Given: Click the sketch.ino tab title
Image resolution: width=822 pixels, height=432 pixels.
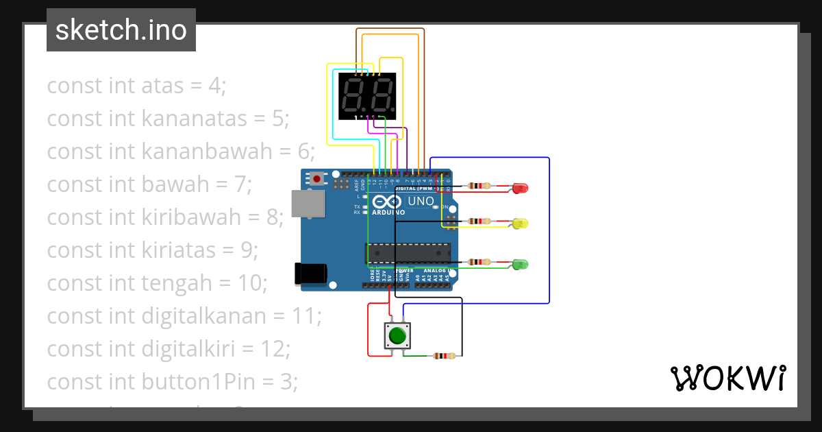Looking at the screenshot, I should tap(121, 30).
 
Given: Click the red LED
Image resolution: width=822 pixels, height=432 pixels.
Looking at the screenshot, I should tap(520, 187).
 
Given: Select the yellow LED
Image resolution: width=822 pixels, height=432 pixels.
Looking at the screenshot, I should tap(520, 224).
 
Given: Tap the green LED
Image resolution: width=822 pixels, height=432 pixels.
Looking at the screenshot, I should tap(520, 264).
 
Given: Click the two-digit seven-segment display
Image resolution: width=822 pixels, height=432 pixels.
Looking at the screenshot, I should tap(368, 95).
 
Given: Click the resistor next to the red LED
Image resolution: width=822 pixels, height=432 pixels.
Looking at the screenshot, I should tap(479, 186).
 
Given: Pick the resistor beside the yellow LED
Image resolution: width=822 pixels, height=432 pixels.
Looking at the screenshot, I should tap(479, 221).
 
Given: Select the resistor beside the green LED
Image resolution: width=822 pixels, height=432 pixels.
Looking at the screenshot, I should tap(479, 262).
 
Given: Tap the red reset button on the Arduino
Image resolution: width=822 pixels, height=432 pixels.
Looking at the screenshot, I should tap(317, 179).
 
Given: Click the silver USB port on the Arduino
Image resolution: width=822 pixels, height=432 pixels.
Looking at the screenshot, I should tap(308, 204).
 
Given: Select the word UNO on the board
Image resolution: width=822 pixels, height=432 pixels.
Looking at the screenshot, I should tap(421, 202).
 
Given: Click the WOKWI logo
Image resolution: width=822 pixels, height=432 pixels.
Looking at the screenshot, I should tap(727, 379).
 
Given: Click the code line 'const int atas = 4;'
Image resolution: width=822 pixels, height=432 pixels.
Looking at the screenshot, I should tap(136, 86).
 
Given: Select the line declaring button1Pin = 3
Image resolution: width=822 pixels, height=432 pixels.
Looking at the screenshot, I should tap(172, 381).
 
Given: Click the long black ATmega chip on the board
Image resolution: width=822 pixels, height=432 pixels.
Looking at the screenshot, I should tap(408, 253).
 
